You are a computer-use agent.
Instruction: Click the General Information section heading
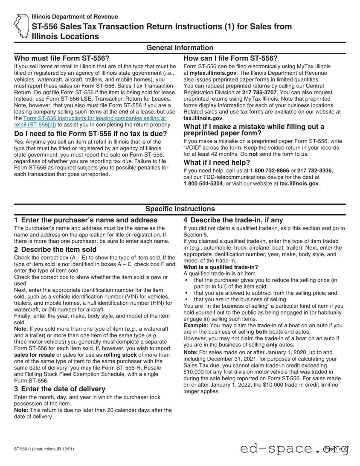pyautogui.click(x=180, y=48)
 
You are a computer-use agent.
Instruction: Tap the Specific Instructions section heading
pyautogui.click(x=180, y=209)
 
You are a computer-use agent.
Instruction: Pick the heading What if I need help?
pyautogui.click(x=217, y=162)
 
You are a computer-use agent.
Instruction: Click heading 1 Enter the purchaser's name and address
pyautogui.click(x=86, y=220)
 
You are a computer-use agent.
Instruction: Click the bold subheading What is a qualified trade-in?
pyautogui.click(x=221, y=267)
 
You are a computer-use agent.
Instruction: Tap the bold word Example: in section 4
pyautogui.click(x=197, y=325)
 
